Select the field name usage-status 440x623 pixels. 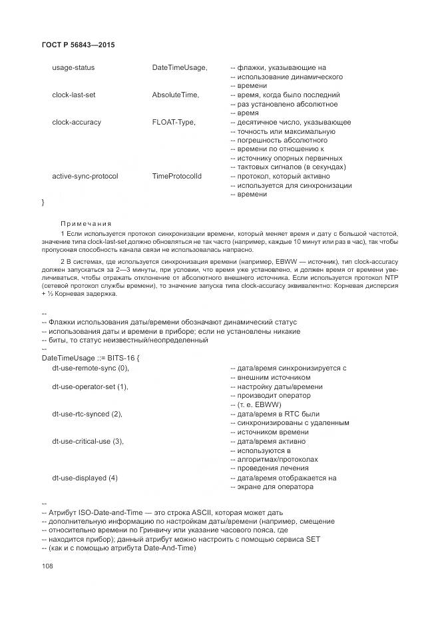pyautogui.click(x=73, y=68)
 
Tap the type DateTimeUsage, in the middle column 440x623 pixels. pyautogui.click(x=180, y=68)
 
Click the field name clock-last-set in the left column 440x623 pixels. pyautogui.click(x=74, y=95)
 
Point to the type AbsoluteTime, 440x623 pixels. pyautogui.click(x=176, y=95)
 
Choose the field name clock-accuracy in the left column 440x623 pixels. pyautogui.click(x=77, y=123)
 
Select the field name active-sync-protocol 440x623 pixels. pyautogui.click(x=85, y=177)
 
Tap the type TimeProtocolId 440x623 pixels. pyautogui.click(x=176, y=177)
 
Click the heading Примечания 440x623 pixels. pyautogui.click(x=86, y=223)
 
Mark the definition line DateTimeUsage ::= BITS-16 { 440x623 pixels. pyautogui.click(x=89, y=358)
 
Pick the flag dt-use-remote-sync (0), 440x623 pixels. pyautogui.click(x=91, y=368)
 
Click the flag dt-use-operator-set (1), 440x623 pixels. pyautogui.click(x=90, y=386)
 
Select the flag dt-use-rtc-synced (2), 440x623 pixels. pyautogui.click(x=88, y=414)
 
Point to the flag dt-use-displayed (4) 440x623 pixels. pyautogui.click(x=85, y=478)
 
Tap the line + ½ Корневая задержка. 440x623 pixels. pyautogui.click(x=79, y=295)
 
